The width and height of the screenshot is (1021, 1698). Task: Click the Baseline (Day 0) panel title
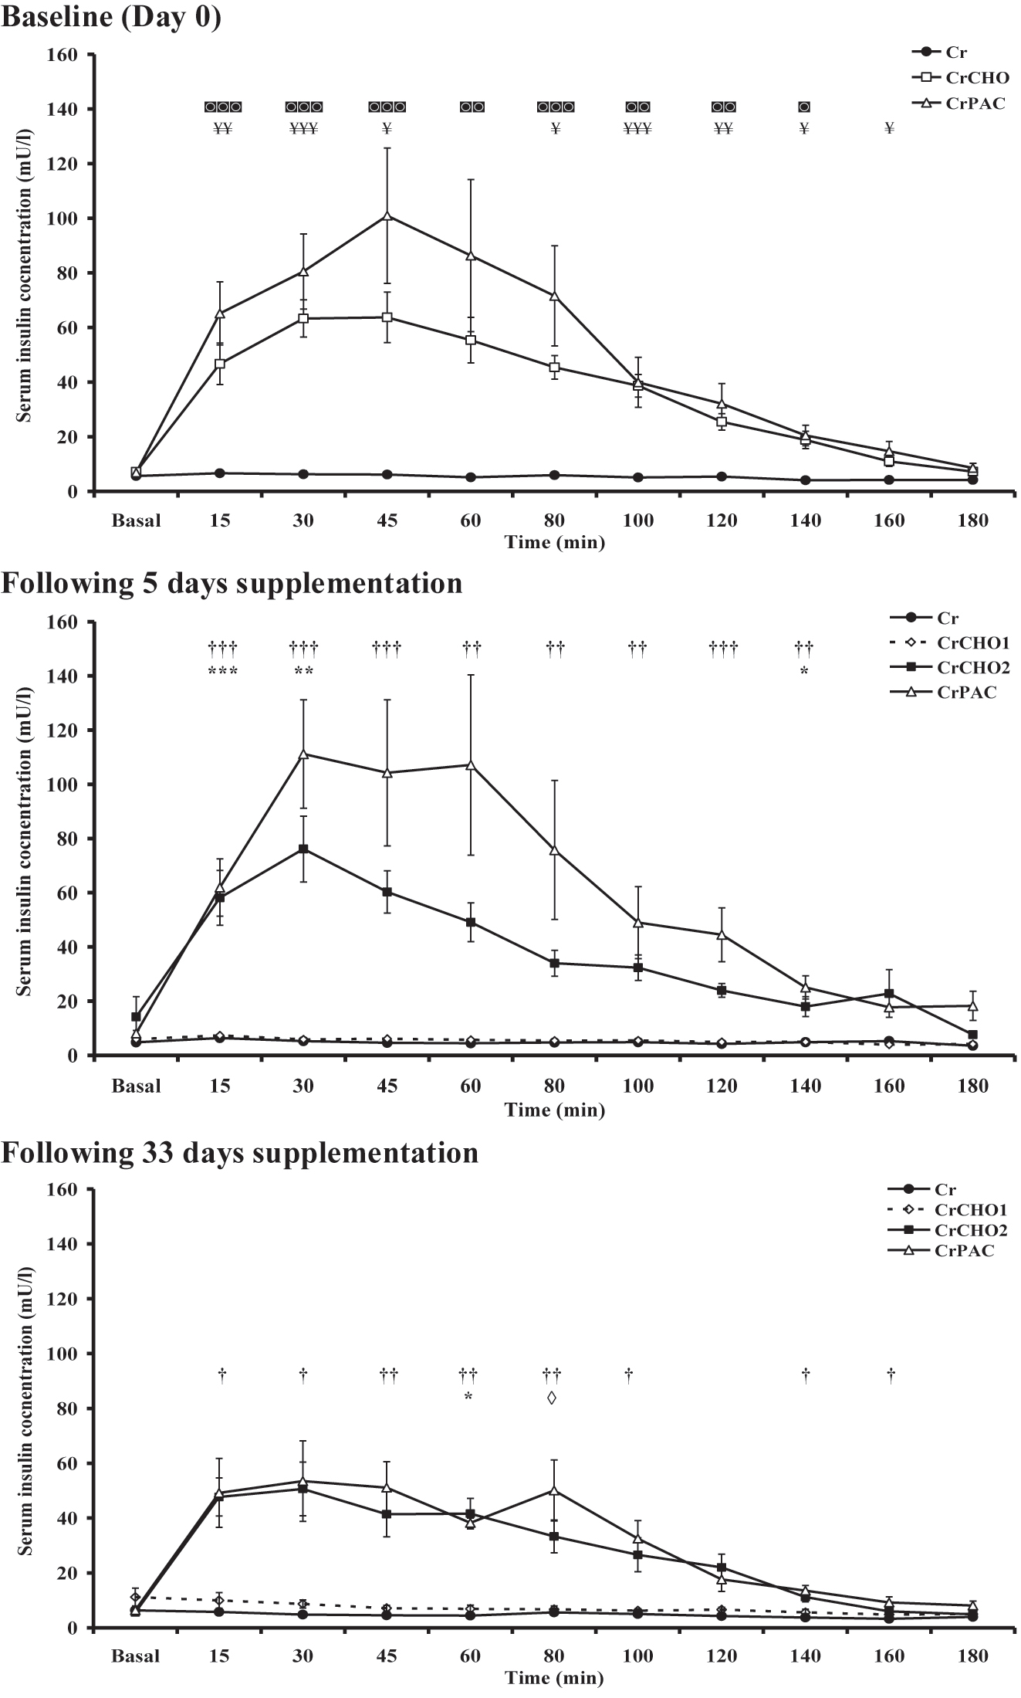pyautogui.click(x=111, y=16)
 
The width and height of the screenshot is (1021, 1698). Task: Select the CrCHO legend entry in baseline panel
pyautogui.click(x=975, y=77)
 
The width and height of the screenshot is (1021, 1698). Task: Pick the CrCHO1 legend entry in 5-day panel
pyautogui.click(x=973, y=642)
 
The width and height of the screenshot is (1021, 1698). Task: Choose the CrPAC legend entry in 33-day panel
pyautogui.click(x=964, y=1250)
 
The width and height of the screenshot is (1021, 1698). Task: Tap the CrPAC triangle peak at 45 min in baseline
pyautogui.click(x=387, y=216)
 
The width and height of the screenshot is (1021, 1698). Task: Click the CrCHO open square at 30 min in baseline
pyautogui.click(x=303, y=318)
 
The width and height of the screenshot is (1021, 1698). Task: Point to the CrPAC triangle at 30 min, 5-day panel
pyautogui.click(x=303, y=754)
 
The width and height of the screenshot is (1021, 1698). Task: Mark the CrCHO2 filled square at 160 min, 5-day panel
pyautogui.click(x=889, y=993)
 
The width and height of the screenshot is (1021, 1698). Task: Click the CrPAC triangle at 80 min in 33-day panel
pyautogui.click(x=554, y=1490)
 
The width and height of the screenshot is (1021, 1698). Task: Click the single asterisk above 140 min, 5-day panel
pyautogui.click(x=804, y=673)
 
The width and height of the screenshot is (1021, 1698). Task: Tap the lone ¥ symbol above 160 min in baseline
pyautogui.click(x=889, y=129)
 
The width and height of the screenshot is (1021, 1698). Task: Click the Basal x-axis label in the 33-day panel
pyautogui.click(x=137, y=1656)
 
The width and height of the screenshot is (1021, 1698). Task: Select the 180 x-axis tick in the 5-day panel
pyautogui.click(x=972, y=1086)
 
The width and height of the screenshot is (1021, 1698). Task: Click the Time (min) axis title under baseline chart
pyautogui.click(x=554, y=543)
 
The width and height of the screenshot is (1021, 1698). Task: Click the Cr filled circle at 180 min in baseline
pyautogui.click(x=972, y=480)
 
